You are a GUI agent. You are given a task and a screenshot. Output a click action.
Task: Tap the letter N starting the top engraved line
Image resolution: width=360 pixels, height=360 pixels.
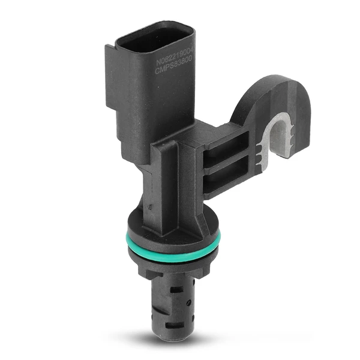[159, 62]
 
